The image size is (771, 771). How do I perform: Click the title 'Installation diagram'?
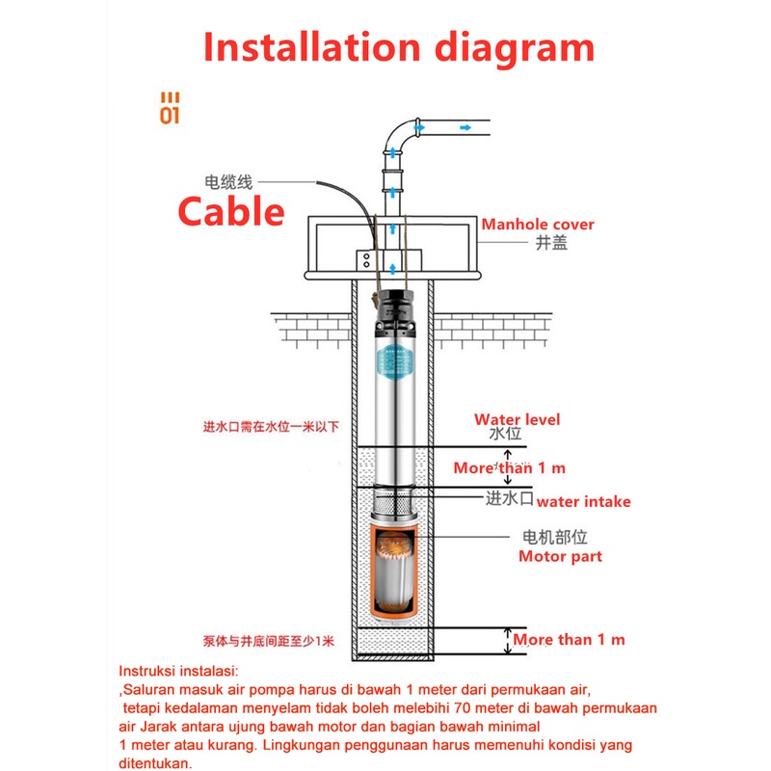[398, 46]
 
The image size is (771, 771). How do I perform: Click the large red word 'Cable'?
[231, 210]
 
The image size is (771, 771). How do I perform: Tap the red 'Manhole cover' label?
[538, 225]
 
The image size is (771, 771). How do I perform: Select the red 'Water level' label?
[517, 419]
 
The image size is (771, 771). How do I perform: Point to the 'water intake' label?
[583, 501]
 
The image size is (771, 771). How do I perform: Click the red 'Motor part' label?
[560, 556]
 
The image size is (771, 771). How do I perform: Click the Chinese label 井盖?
[551, 243]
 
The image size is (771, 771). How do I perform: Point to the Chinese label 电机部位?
[554, 538]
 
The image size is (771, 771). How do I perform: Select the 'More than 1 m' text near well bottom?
[569, 639]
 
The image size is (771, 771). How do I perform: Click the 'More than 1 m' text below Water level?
[510, 467]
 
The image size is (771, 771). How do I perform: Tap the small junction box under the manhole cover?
[367, 258]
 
